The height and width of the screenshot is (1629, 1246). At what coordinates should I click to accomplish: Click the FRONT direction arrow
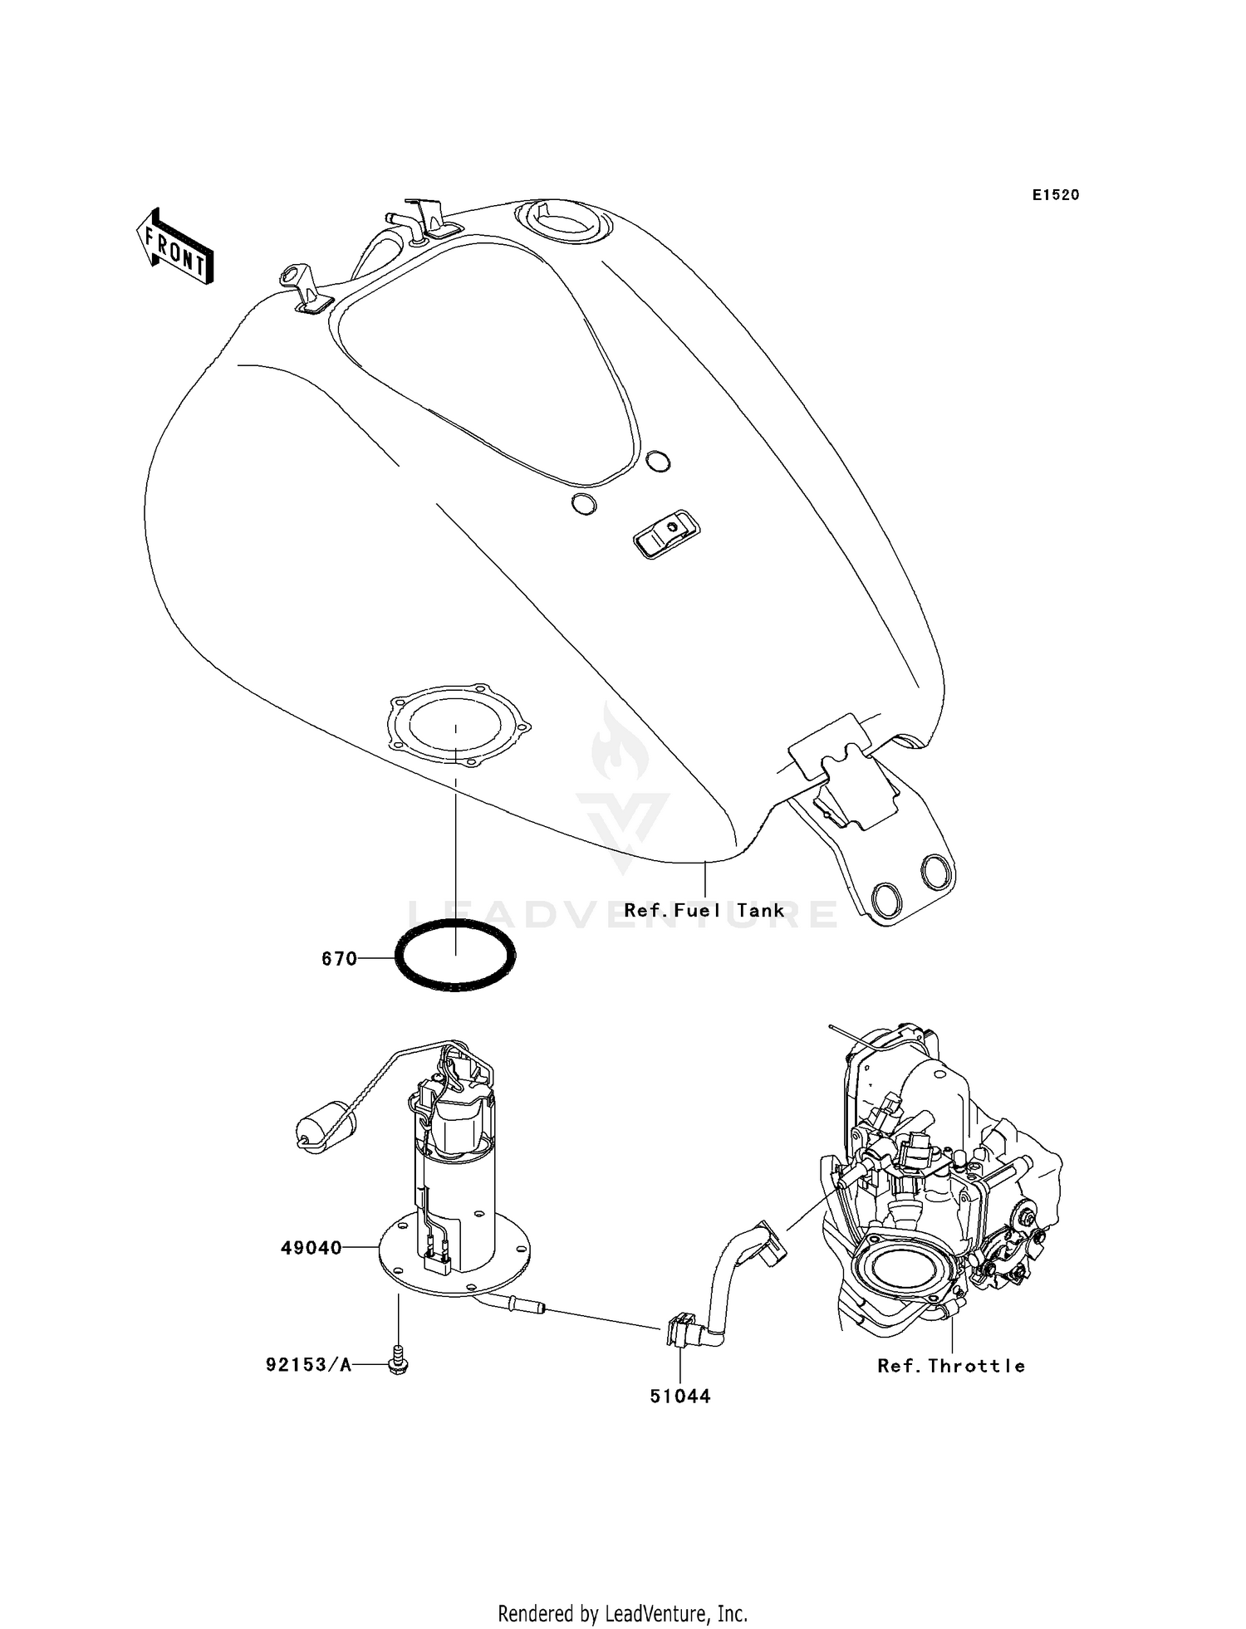click(x=174, y=247)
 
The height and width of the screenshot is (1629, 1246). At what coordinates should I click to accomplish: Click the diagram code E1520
click(x=1056, y=195)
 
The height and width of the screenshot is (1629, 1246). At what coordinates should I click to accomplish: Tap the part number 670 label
click(x=339, y=959)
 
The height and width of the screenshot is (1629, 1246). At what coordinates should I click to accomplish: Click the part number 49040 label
click(x=311, y=1248)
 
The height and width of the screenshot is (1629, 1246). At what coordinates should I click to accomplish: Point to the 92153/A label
click(x=308, y=1365)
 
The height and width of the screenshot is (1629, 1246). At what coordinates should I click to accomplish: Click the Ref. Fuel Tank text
click(x=704, y=911)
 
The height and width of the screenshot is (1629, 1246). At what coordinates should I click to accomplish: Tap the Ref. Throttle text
click(x=951, y=1366)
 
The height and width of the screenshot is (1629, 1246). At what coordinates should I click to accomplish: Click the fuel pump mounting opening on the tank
click(x=455, y=725)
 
